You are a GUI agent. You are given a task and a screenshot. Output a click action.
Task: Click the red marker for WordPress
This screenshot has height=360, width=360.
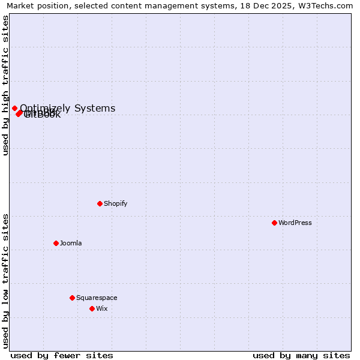pos(274,223)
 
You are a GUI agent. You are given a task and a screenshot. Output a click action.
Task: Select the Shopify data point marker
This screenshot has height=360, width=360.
pos(100,203)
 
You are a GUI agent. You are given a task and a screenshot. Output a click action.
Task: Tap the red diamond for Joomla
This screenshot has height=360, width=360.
pos(56,243)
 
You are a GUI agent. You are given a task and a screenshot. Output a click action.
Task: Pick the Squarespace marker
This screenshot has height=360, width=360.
pos(72,298)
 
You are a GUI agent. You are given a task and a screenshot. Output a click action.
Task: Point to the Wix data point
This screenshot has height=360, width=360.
pos(92,308)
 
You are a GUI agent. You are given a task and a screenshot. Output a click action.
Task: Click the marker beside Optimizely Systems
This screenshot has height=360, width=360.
pos(14,108)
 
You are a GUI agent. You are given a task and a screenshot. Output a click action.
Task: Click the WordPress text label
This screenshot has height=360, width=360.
pos(295,223)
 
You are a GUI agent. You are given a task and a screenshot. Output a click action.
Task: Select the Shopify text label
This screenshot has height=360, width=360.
pos(116,203)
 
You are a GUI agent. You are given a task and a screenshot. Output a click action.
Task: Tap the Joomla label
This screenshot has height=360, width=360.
pos(71,243)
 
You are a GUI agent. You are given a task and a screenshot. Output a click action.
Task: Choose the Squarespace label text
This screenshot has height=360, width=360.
pos(97,298)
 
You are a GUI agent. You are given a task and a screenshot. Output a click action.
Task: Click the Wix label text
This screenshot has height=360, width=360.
pos(102,308)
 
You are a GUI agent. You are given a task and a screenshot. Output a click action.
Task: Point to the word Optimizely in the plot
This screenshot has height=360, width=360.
pos(45,108)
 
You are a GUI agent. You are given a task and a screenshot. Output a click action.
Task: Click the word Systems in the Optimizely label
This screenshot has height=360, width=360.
pos(95,108)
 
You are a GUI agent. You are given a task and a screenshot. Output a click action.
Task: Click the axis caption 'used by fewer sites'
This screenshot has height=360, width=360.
pos(62,355)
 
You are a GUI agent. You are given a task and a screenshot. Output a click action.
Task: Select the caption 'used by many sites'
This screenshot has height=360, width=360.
pos(301,355)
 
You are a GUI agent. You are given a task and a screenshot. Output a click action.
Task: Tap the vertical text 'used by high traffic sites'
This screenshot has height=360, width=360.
pos(5,85)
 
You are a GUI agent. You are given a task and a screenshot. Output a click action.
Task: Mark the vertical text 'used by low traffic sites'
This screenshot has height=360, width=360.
pos(5,281)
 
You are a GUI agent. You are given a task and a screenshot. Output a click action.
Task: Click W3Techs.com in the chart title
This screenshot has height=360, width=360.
pos(328,5)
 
